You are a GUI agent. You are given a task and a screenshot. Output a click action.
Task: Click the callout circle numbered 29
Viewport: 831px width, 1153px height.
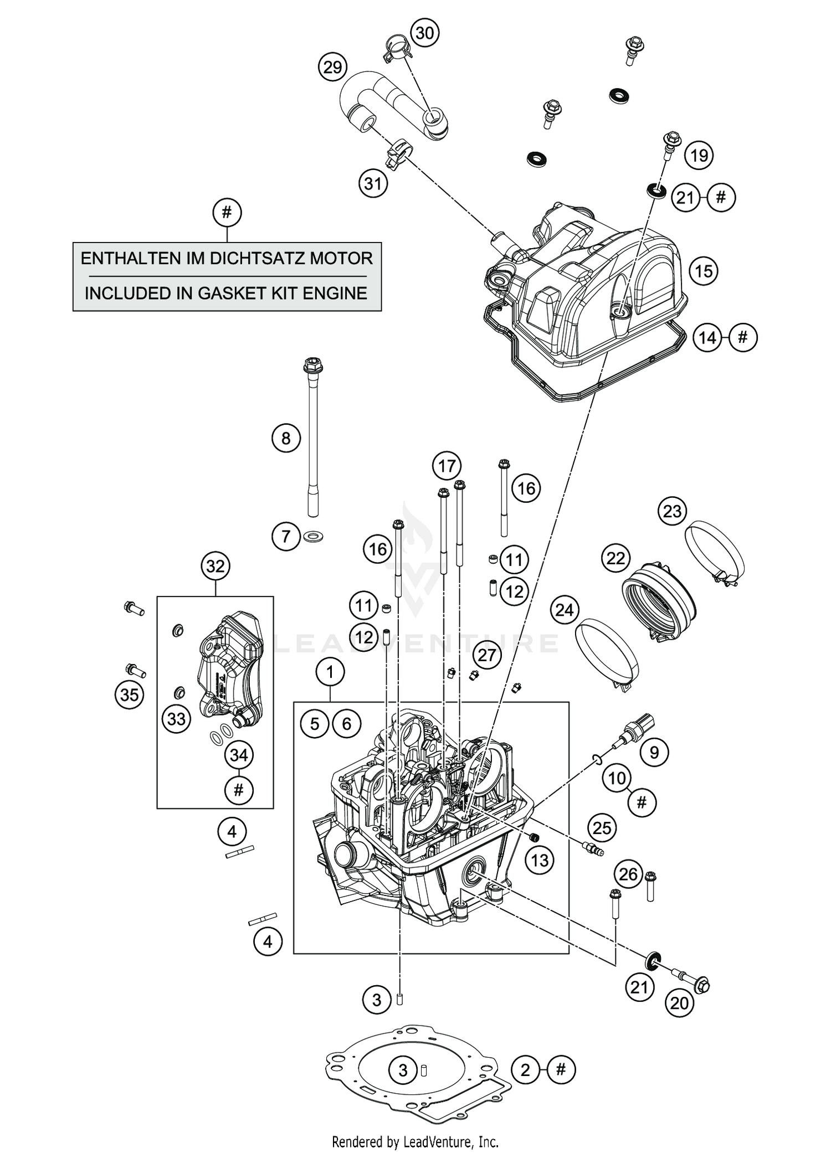pos(332,68)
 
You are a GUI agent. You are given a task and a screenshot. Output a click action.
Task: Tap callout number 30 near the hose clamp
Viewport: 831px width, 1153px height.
pos(424,33)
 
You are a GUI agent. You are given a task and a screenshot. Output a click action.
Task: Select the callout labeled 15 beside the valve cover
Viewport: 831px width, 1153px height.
pos(703,271)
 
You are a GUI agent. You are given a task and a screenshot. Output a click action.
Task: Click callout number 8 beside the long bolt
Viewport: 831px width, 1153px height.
pos(285,439)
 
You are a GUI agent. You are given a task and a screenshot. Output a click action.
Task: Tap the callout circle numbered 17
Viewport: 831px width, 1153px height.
pos(447,466)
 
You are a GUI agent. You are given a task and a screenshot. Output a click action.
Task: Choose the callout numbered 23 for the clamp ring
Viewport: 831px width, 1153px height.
pos(672,511)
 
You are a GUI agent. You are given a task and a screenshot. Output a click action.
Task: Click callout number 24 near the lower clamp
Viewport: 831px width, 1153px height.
pos(564,610)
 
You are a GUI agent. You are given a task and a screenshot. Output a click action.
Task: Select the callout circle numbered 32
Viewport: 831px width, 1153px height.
pos(215,566)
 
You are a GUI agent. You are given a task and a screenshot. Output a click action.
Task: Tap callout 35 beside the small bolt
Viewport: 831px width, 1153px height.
pos(129,694)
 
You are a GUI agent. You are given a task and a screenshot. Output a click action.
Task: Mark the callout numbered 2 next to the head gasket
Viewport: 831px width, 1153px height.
pos(525,1070)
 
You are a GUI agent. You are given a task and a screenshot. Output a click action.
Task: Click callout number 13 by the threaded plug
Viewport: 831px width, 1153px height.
pos(540,860)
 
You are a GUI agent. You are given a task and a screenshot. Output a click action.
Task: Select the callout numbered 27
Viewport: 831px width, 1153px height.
pos(486,655)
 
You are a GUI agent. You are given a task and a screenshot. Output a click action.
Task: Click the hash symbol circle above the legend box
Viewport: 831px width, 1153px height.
pos(227,212)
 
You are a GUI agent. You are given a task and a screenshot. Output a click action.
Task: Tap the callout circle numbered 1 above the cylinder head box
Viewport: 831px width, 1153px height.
pos(330,672)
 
